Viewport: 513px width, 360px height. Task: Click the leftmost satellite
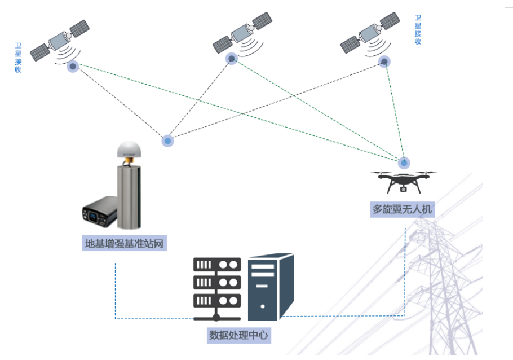tap(60, 41)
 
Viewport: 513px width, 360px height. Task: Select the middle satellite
tap(242, 32)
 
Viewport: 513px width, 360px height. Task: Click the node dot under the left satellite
tap(73, 67)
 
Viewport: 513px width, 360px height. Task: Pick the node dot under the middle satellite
tap(232, 59)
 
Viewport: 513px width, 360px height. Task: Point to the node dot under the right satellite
tap(384, 62)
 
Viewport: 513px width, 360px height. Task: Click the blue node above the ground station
tap(167, 141)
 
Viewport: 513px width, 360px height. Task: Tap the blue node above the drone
tap(404, 163)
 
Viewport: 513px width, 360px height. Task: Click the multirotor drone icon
tap(404, 181)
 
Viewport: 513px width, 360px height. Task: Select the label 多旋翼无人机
tap(403, 209)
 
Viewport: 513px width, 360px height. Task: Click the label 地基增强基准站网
tap(125, 243)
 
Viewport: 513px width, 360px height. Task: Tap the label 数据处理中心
tap(238, 335)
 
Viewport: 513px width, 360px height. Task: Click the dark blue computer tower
tap(271, 287)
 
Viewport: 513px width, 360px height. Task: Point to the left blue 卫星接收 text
tap(18, 58)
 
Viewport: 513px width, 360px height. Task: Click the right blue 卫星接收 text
tap(418, 30)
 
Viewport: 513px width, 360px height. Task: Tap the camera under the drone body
tap(404, 189)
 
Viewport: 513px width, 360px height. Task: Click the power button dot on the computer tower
tap(262, 306)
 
